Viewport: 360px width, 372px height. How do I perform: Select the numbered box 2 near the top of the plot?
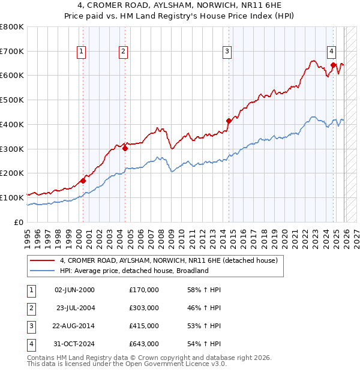pos(123,52)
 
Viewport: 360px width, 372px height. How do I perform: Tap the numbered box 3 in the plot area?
pos(227,52)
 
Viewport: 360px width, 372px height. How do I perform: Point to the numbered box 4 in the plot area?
pos(331,52)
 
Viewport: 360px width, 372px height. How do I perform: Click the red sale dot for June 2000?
pos(83,180)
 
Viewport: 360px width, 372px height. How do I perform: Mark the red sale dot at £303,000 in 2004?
pos(125,148)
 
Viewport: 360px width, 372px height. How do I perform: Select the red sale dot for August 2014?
pos(229,121)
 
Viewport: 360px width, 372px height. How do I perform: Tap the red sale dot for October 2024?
pos(333,65)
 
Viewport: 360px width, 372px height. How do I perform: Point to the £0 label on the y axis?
pos(18,222)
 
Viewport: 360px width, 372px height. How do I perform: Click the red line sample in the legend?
pos(43,261)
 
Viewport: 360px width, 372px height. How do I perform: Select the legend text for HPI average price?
pos(134,271)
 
